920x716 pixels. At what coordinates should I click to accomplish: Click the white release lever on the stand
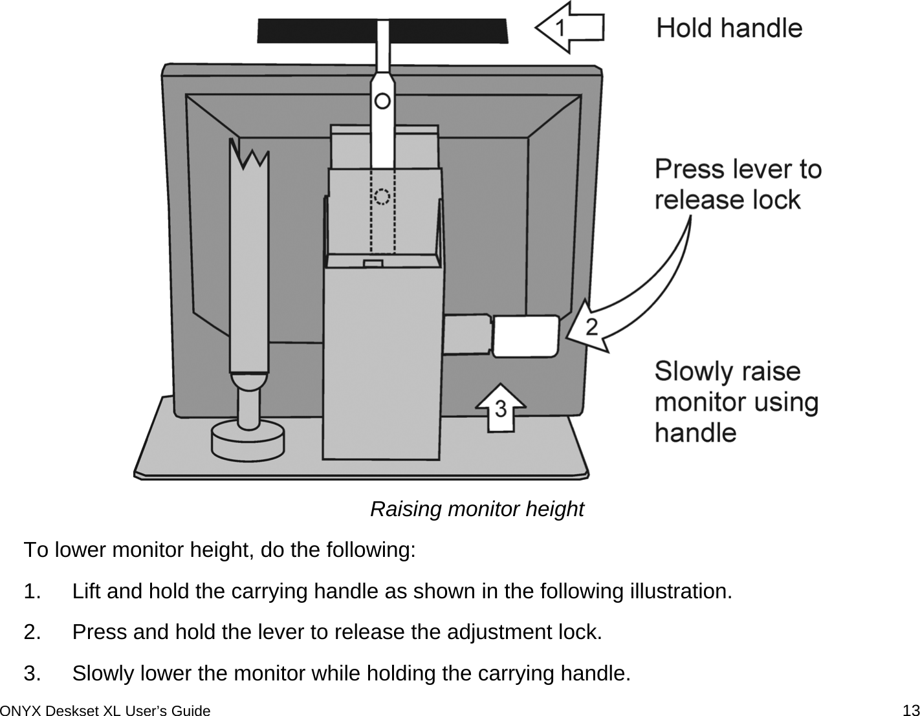point(525,336)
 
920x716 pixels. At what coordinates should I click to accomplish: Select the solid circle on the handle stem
point(382,101)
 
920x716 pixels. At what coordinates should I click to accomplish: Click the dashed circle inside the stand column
point(382,196)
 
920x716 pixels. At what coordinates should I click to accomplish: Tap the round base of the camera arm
point(247,442)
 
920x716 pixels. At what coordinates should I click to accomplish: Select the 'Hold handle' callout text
point(729,28)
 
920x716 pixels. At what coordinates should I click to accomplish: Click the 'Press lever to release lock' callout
point(738,184)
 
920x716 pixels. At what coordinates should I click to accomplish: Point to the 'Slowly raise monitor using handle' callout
point(736,402)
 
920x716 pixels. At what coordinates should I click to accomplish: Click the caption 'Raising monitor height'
point(476,509)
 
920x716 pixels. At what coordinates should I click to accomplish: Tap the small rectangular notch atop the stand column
point(373,263)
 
